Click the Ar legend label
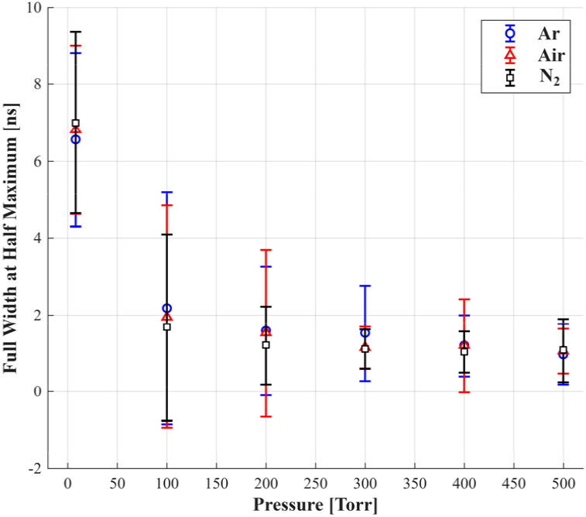pyautogui.click(x=549, y=34)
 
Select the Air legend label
pyautogui.click(x=551, y=56)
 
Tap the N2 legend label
pyautogui.click(x=550, y=77)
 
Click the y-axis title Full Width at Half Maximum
pyautogui.click(x=11, y=238)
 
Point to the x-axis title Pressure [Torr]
pyautogui.click(x=315, y=505)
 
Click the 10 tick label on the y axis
pyautogui.click(x=34, y=8)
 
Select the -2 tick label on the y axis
pyautogui.click(x=36, y=468)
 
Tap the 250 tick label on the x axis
pyautogui.click(x=315, y=484)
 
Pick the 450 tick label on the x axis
pyautogui.click(x=514, y=484)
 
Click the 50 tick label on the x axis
pyautogui.click(x=118, y=484)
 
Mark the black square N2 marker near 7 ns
pyautogui.click(x=76, y=123)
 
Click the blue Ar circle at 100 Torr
pyautogui.click(x=167, y=308)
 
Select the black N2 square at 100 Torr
pyautogui.click(x=167, y=327)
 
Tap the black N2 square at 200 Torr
pyautogui.click(x=266, y=344)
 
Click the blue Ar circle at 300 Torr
pyautogui.click(x=365, y=333)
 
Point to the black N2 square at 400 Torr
pyautogui.click(x=464, y=351)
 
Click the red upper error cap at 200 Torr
pyautogui.click(x=266, y=250)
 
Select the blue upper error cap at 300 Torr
pyautogui.click(x=365, y=286)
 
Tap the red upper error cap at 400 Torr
pyautogui.click(x=464, y=300)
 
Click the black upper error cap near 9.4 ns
pyautogui.click(x=76, y=33)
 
